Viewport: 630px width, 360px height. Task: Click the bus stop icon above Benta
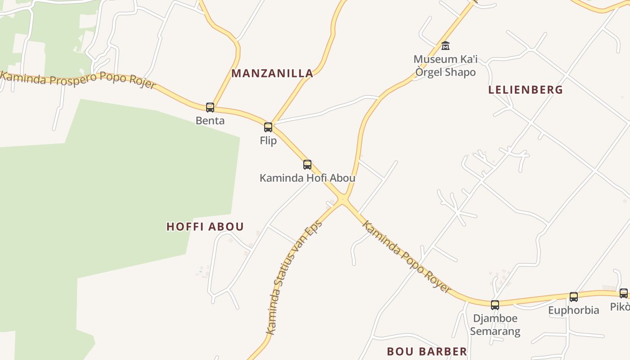coord(210,108)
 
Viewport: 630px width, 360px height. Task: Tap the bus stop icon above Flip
coord(268,127)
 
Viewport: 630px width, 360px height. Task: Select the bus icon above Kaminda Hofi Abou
coord(307,165)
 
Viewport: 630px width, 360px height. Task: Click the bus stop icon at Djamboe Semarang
coord(495,305)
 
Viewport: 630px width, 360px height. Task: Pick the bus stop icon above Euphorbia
coord(574,297)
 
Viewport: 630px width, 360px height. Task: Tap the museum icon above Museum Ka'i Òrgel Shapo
coord(445,46)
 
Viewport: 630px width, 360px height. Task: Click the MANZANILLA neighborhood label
coord(272,73)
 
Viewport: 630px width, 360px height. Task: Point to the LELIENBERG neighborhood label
coord(526,90)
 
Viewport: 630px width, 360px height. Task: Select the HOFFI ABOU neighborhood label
coord(205,226)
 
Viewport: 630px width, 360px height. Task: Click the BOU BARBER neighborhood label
coord(427,351)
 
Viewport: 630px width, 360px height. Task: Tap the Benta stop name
coord(210,121)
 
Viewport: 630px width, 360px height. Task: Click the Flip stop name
coord(268,140)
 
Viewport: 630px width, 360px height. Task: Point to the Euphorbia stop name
coord(574,310)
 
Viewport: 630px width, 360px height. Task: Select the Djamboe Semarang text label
coord(495,325)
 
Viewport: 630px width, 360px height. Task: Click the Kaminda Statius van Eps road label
coord(294,277)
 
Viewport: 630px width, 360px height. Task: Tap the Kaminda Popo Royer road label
coord(406,257)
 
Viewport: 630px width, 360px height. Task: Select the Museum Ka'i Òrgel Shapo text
coord(445,66)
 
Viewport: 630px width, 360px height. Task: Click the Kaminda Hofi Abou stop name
coord(307,178)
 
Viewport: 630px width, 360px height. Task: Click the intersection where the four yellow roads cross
coord(343,199)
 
